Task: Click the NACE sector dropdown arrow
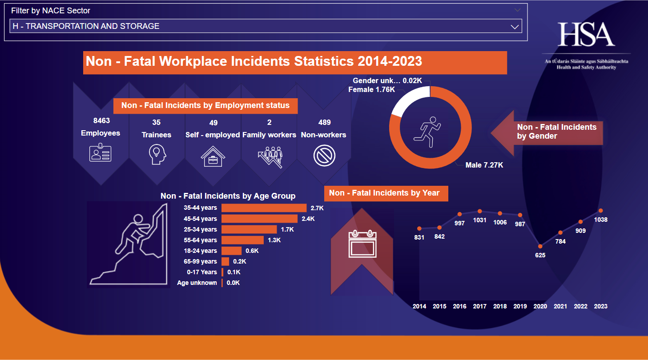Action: click(x=515, y=27)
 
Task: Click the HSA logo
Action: click(x=586, y=35)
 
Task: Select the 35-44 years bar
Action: click(x=264, y=208)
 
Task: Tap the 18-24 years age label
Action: click(x=200, y=251)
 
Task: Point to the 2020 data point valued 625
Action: click(x=540, y=246)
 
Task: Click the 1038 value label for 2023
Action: click(x=601, y=220)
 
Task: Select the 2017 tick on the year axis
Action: click(x=479, y=306)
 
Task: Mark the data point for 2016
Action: click(x=459, y=214)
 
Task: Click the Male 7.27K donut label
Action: click(x=484, y=165)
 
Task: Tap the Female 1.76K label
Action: click(x=371, y=89)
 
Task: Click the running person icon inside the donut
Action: click(x=427, y=132)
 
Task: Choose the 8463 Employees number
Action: click(x=101, y=120)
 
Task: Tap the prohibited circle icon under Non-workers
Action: click(x=324, y=156)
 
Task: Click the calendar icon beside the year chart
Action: click(x=362, y=244)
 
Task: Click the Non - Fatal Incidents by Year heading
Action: click(x=384, y=193)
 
